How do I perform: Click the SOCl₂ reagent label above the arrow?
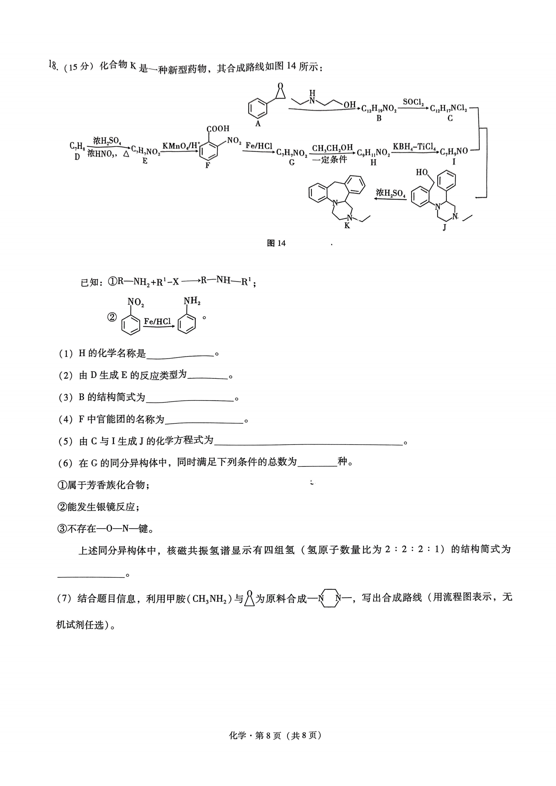pos(413,102)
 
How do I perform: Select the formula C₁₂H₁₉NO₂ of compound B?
pos(379,109)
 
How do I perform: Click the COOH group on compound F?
pos(218,129)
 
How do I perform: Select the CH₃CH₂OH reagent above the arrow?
pos(332,148)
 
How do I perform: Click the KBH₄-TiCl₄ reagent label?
pos(414,147)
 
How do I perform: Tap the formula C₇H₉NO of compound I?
pos(454,151)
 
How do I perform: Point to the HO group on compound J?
pos(422,172)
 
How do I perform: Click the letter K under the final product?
pos(347,225)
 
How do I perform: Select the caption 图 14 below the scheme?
pos(276,243)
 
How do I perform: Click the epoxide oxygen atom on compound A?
pos(280,86)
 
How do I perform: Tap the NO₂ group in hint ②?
pos(135,302)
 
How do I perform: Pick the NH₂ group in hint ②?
pos(192,301)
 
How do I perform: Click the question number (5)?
pos(66,441)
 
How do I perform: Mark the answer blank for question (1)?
pos(180,357)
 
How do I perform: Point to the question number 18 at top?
pos(53,65)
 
